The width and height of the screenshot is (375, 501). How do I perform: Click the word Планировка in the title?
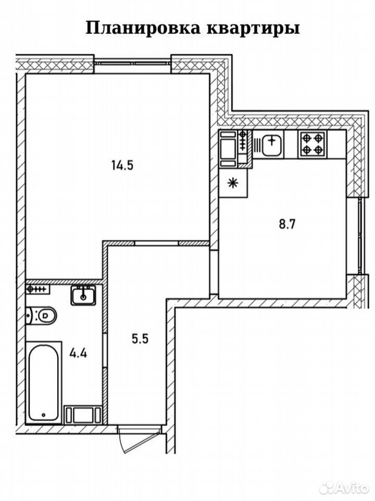143,28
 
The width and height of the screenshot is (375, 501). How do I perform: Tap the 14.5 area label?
122,165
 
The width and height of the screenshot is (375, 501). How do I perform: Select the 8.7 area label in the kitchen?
288,224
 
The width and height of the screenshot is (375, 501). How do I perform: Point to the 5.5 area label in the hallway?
140,338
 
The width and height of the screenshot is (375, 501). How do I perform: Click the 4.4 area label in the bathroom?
79,354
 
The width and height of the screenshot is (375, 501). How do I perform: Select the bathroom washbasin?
83,295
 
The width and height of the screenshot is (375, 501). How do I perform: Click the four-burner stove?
313,145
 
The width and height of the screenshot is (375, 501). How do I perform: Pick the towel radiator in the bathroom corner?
38,289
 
